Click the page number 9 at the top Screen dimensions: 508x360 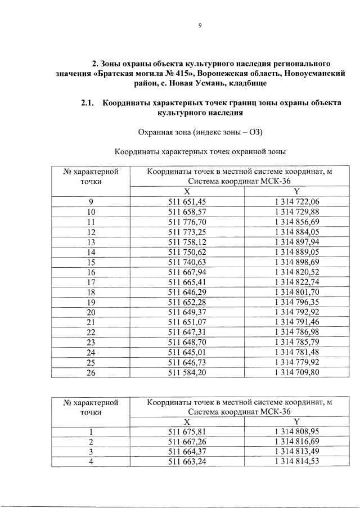coord(199,24)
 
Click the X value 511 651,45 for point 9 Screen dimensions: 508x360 coord(188,201)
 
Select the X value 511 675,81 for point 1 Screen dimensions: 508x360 coord(188,431)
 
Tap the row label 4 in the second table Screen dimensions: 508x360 coord(91,462)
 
